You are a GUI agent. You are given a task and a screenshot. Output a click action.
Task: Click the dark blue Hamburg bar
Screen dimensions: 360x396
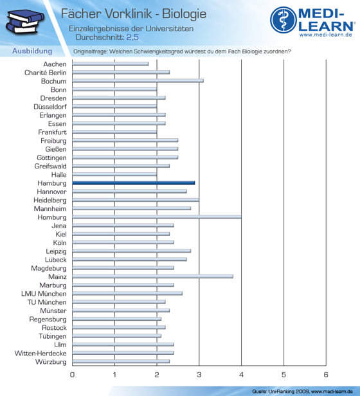133,183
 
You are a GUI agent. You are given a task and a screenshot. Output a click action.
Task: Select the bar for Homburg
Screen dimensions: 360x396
157,217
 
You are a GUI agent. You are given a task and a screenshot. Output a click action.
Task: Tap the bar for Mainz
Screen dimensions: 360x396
152,276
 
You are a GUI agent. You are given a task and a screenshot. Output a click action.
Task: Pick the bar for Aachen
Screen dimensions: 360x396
111,64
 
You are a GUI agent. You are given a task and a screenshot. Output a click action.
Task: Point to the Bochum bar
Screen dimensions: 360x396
138,81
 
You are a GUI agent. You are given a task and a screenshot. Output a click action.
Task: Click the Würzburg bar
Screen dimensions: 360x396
121,361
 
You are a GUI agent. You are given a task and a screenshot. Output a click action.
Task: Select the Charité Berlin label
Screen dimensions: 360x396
46,73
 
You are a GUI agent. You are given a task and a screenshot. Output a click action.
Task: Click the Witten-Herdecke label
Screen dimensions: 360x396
40,353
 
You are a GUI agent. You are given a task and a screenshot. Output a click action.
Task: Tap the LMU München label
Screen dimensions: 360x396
44,294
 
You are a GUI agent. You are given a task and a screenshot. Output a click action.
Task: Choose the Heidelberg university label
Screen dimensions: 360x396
50,201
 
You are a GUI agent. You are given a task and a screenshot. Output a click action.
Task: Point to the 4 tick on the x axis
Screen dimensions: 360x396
241,375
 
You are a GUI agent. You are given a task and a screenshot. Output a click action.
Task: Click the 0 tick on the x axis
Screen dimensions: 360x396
72,375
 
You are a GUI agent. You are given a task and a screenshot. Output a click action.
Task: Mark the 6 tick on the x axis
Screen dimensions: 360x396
326,375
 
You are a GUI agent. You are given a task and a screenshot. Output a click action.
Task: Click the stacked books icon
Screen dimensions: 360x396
25,22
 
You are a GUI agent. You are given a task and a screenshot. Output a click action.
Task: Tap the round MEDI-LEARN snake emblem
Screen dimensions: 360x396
283,20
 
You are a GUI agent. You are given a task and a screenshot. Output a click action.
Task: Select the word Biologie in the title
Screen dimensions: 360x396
184,14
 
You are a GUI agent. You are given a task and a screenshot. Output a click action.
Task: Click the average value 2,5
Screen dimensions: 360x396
132,37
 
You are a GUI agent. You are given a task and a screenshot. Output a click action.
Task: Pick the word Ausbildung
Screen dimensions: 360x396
32,51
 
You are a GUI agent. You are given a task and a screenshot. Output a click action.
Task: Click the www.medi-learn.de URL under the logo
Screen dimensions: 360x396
326,35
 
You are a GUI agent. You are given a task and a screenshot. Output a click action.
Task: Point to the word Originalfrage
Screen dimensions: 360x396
91,51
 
